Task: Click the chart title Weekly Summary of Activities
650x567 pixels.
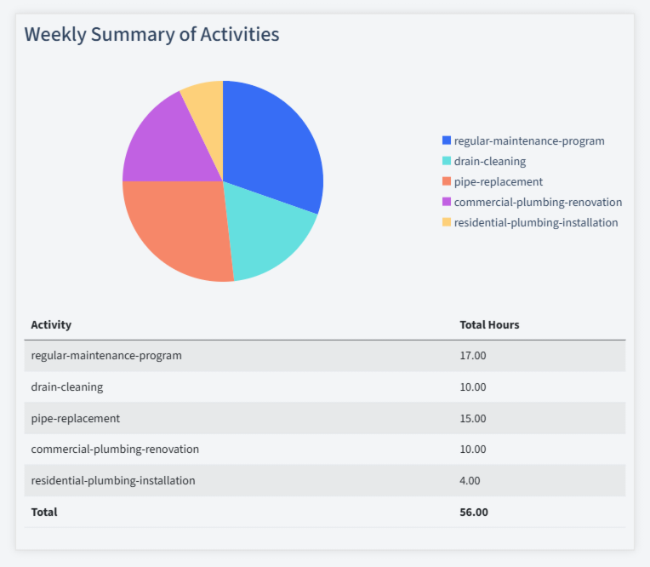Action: [x=151, y=34]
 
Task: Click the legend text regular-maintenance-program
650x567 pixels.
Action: [x=529, y=140]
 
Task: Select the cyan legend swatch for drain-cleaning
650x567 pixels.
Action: [x=447, y=161]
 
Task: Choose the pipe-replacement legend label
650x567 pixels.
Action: [x=498, y=181]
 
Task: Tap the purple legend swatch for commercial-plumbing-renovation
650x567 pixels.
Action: [x=447, y=202]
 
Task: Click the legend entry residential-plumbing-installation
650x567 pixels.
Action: [x=535, y=222]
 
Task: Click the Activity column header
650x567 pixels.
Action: [x=51, y=324]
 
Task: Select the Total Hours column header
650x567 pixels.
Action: [x=489, y=324]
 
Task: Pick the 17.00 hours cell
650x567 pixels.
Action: [x=473, y=356]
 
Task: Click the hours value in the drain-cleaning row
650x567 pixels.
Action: [x=473, y=387]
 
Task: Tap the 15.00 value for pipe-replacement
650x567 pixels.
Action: [x=473, y=418]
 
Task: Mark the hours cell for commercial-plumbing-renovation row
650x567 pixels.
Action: [x=473, y=449]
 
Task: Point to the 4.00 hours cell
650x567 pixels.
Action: [x=470, y=480]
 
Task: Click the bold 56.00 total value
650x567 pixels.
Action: [x=474, y=512]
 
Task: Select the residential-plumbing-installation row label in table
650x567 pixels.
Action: [x=113, y=480]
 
